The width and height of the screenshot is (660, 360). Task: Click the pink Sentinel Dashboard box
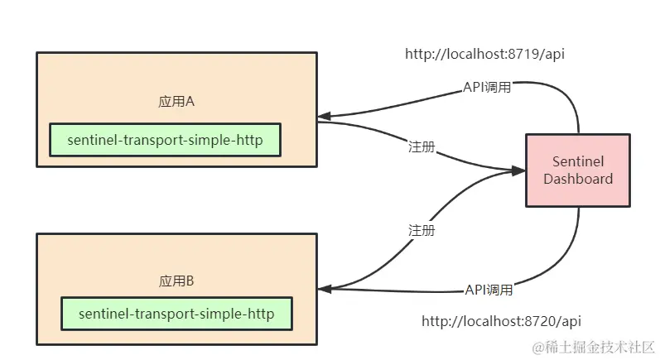(x=578, y=170)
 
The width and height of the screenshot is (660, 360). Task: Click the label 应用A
(x=176, y=102)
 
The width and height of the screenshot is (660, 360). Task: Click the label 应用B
(x=176, y=281)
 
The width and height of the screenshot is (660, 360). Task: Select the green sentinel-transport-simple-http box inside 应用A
(x=165, y=140)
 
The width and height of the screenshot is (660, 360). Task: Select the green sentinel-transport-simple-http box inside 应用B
(x=176, y=314)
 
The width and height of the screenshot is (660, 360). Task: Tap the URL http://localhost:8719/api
(x=484, y=54)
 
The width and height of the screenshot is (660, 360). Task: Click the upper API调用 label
(x=486, y=87)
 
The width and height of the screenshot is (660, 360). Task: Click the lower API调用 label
(x=488, y=290)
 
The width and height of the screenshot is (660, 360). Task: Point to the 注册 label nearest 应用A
(x=422, y=146)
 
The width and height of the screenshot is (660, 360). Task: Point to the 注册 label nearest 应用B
(x=422, y=230)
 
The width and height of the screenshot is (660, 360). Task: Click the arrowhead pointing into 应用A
(x=325, y=116)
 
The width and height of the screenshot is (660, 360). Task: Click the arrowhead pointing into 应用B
(x=325, y=288)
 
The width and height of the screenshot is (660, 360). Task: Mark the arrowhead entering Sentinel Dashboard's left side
(x=518, y=170)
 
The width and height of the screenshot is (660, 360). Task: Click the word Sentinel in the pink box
(x=578, y=162)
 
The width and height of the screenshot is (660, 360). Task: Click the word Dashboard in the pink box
(x=578, y=179)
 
